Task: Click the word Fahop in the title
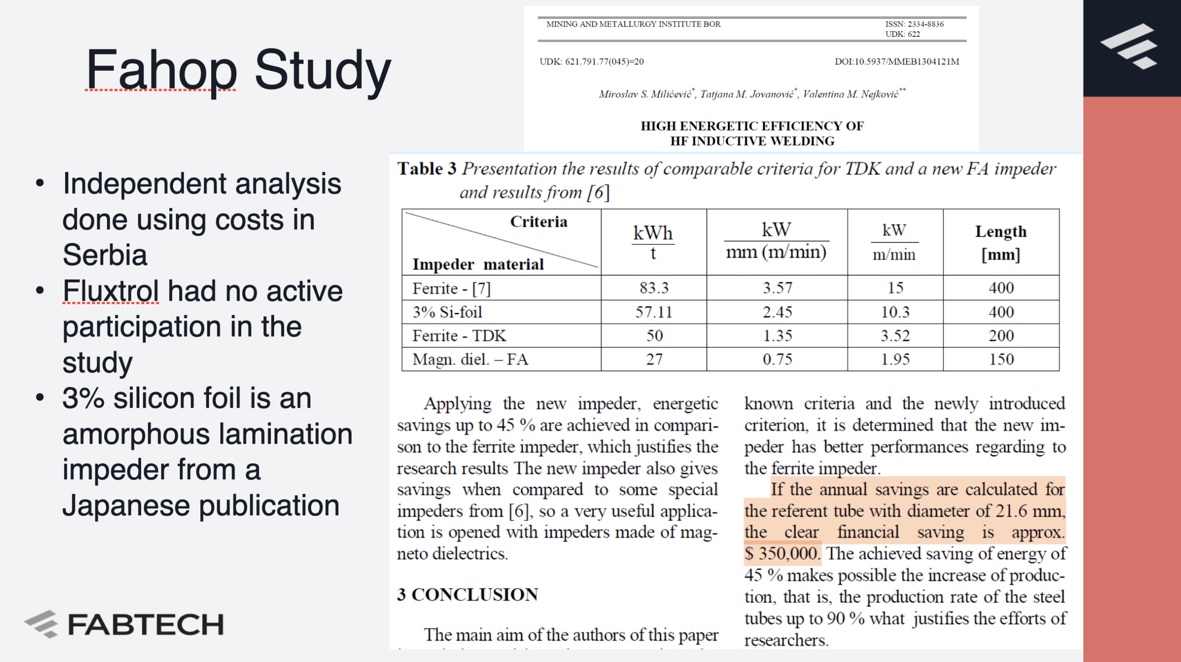pyautogui.click(x=161, y=70)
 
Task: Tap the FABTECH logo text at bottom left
pyautogui.click(x=146, y=625)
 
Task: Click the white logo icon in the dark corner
pyautogui.click(x=1129, y=46)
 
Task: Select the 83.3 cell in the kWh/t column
pyautogui.click(x=654, y=288)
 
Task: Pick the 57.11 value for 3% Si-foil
pyautogui.click(x=654, y=312)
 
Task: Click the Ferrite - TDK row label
pyautogui.click(x=459, y=336)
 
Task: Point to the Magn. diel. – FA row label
pyautogui.click(x=470, y=359)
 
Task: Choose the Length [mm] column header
pyautogui.click(x=1001, y=243)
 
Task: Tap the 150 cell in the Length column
pyautogui.click(x=1001, y=359)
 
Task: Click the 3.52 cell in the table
pyautogui.click(x=895, y=336)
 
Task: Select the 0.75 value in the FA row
pyautogui.click(x=777, y=359)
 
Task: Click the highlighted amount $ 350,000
pyautogui.click(x=782, y=554)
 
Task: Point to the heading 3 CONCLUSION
pyautogui.click(x=467, y=595)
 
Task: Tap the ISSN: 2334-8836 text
pyautogui.click(x=914, y=24)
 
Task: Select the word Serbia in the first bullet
pyautogui.click(x=105, y=255)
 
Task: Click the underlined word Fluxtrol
pyautogui.click(x=111, y=292)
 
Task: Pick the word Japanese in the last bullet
pyautogui.click(x=126, y=506)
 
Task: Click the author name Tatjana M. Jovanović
pyautogui.click(x=747, y=95)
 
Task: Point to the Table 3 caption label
pyautogui.click(x=427, y=169)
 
